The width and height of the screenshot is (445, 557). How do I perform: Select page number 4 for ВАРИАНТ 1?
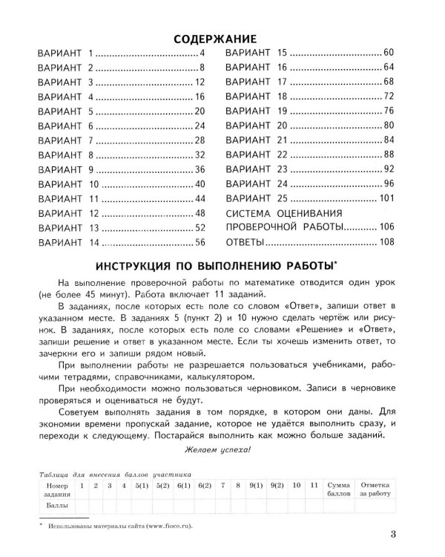click(201, 55)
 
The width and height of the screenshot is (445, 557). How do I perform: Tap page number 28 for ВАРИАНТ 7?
click(199, 140)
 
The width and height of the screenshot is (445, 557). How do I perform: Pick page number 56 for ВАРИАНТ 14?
click(199, 242)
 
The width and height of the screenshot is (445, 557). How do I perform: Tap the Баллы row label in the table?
click(56, 504)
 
